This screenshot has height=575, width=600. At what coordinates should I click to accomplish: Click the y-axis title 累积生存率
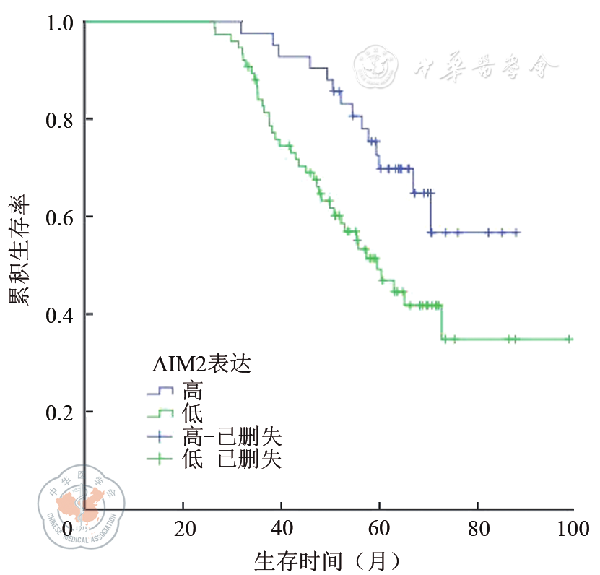click(19, 249)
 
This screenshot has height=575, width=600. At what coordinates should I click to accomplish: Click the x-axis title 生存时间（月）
click(326, 559)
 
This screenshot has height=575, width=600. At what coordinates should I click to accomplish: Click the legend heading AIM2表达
click(201, 365)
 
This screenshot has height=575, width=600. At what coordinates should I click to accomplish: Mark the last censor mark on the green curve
click(569, 339)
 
